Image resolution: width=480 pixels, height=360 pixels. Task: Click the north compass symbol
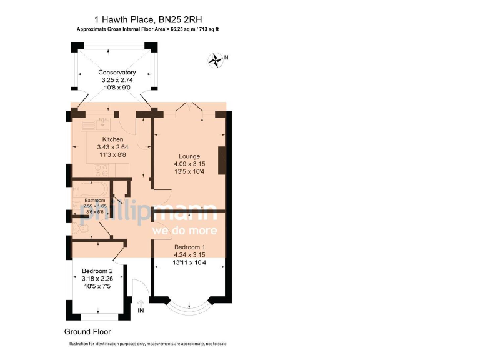coord(216,59)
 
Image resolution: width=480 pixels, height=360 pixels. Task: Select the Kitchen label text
coord(112,139)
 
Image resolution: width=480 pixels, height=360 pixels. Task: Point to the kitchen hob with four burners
coord(101,169)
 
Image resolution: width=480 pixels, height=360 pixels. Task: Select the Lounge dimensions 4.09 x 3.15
coord(189,164)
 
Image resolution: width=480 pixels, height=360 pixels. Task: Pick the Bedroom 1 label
coord(189,247)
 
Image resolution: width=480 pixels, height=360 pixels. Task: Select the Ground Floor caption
coord(87,332)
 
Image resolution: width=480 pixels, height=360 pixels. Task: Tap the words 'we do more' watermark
coord(185,231)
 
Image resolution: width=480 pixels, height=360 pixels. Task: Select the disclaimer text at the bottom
coord(147,344)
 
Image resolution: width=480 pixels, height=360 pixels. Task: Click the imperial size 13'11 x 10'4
coord(189,263)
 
